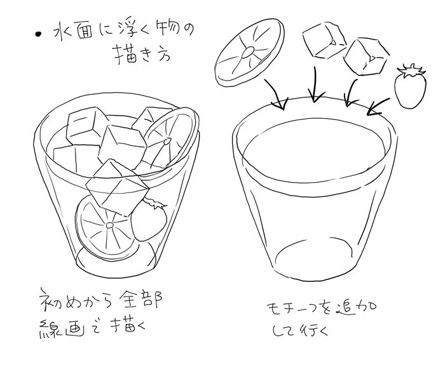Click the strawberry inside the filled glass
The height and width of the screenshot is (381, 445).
click(x=150, y=219)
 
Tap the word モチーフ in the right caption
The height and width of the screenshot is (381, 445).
click(x=289, y=310)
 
